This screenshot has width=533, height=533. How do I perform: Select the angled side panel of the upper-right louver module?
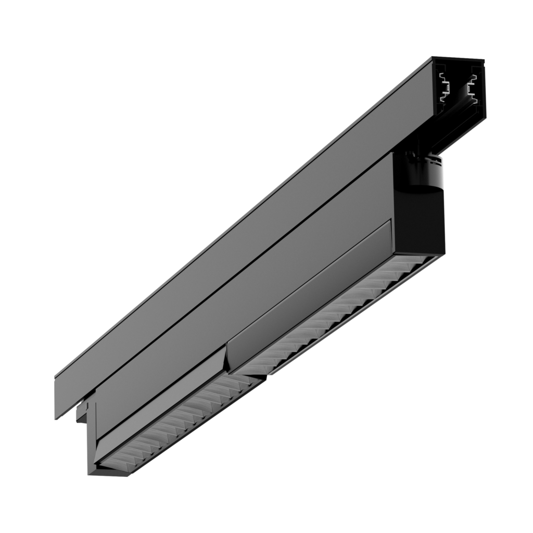point(312,291)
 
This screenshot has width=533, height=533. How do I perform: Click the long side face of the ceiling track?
point(234,234)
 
